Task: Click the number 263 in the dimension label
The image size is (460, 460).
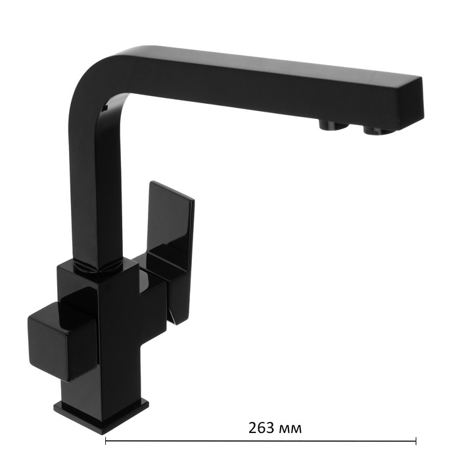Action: click(261, 428)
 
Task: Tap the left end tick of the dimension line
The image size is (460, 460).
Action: click(106, 441)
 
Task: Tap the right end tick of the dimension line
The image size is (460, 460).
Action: click(416, 441)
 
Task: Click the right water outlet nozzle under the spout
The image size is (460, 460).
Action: click(375, 130)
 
